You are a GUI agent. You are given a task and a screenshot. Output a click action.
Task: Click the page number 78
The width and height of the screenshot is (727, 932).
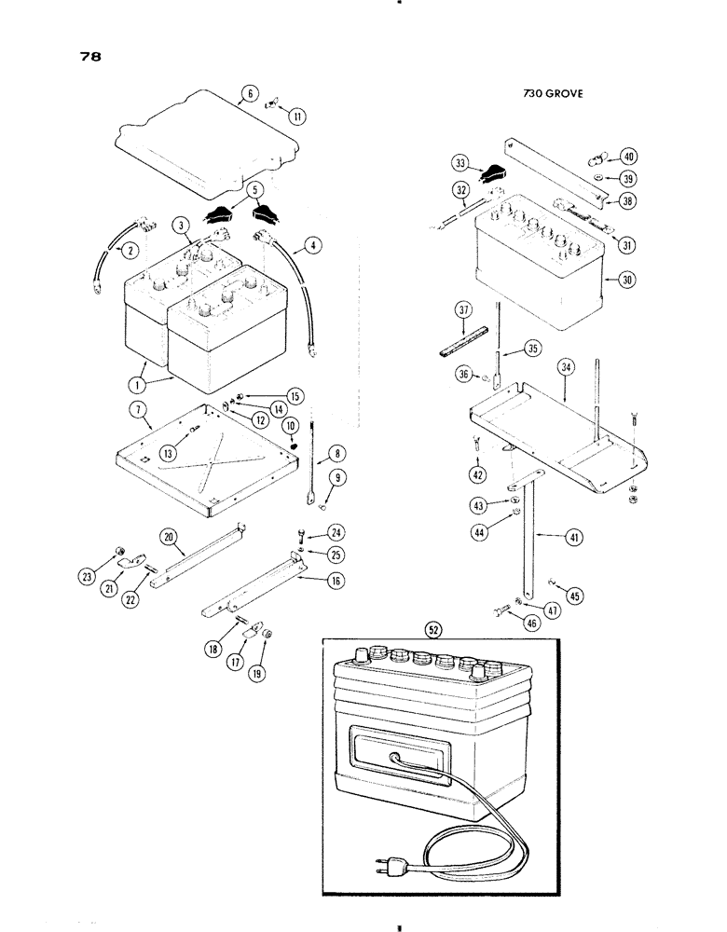(x=90, y=56)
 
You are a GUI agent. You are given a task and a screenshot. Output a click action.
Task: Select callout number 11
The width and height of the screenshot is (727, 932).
(x=297, y=116)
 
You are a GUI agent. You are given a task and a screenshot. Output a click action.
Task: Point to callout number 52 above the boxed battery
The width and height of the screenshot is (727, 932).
(x=432, y=629)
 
